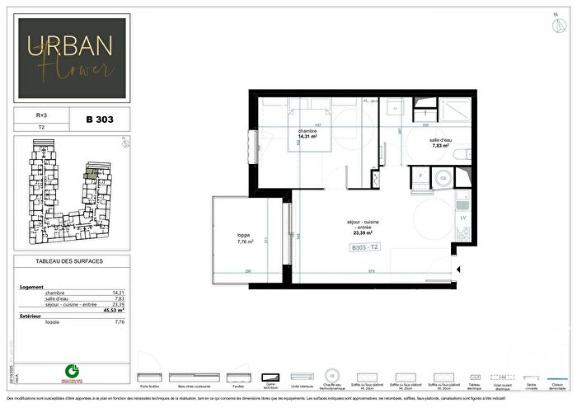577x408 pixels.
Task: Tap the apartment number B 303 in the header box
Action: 100,120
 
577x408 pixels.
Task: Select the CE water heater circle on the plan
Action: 443,176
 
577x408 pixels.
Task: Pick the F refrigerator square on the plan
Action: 422,176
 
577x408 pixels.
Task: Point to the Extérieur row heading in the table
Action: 30,316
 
